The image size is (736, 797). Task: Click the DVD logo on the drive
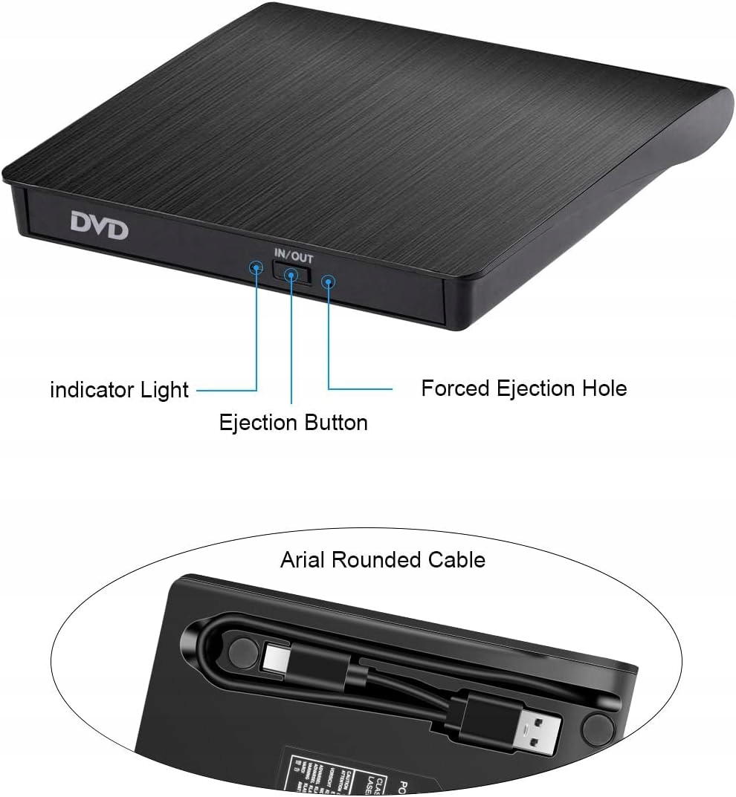click(100, 226)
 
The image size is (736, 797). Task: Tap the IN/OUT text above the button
click(292, 258)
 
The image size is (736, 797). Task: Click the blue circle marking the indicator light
click(255, 266)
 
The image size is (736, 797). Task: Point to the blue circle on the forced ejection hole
click(328, 281)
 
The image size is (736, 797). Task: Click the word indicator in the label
click(92, 389)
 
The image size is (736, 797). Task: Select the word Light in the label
click(165, 389)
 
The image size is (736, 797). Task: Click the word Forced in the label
click(455, 388)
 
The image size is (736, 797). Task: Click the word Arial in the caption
click(302, 559)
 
